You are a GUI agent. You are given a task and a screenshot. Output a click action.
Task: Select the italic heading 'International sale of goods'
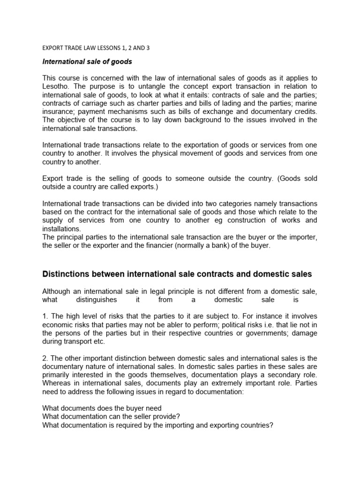[87, 61]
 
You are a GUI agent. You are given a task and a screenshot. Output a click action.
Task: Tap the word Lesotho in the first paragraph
[58, 86]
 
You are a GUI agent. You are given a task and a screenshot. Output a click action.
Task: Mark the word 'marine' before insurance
[305, 103]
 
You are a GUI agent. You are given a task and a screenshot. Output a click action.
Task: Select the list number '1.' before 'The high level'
[45, 316]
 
